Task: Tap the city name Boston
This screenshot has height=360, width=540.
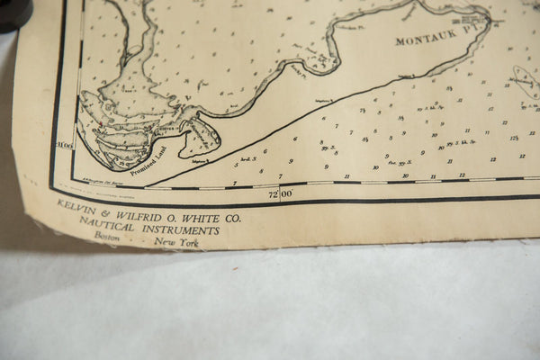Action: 106,235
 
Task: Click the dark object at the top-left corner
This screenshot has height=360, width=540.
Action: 13,13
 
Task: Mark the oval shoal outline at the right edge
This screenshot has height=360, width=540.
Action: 524,78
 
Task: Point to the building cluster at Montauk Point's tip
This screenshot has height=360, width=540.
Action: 472,17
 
